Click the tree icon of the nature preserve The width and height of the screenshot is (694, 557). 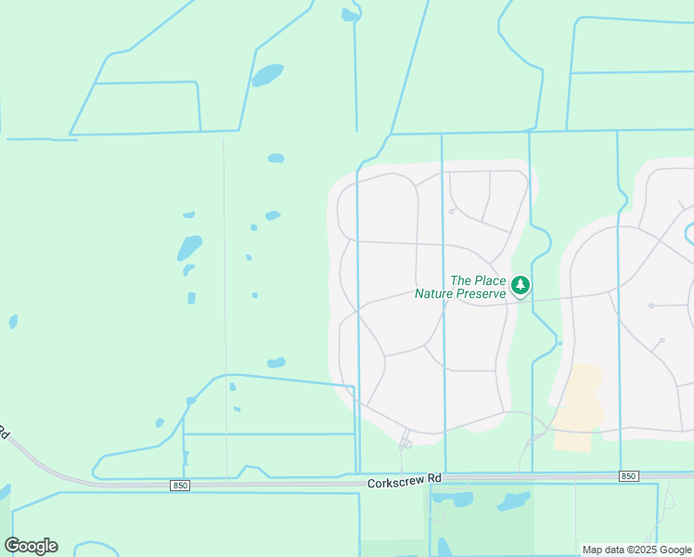[x=520, y=285]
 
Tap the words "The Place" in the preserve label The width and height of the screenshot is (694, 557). [x=478, y=280]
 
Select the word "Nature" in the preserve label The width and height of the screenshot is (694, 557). [x=436, y=293]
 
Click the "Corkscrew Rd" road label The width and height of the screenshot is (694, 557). [x=404, y=480]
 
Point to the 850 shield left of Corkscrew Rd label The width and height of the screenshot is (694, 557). [x=180, y=485]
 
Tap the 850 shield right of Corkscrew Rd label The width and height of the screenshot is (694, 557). [x=628, y=476]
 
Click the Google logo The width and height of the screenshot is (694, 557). [x=31, y=546]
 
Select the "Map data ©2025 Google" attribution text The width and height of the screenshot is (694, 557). [x=636, y=550]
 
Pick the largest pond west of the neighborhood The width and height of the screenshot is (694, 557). [x=189, y=247]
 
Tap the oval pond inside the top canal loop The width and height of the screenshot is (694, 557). [x=267, y=74]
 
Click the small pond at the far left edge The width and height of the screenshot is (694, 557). [x=13, y=322]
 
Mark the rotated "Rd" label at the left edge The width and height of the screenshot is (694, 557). [x=4, y=433]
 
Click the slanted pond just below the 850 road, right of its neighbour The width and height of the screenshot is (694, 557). [x=512, y=501]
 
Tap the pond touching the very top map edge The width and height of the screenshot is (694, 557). [x=349, y=15]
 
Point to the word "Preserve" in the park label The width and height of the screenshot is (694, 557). [x=482, y=293]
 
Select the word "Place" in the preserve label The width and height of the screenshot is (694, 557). [x=490, y=280]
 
